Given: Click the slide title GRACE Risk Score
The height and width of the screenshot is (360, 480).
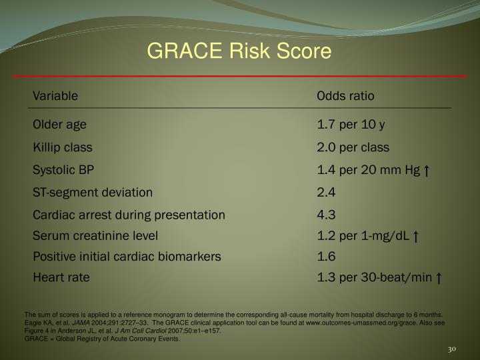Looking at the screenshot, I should [239, 51].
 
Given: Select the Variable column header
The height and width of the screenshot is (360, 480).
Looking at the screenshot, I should [55, 96].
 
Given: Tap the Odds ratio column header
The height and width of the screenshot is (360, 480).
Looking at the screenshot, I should [345, 96].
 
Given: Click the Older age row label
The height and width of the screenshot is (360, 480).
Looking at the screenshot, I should [60, 125].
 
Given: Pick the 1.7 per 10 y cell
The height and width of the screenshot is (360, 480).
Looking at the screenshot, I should [351, 125].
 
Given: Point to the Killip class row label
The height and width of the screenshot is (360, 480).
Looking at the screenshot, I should [63, 147].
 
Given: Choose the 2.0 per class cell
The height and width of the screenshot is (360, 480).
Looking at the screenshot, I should [353, 147].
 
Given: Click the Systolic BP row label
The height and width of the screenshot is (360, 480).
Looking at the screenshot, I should [64, 170].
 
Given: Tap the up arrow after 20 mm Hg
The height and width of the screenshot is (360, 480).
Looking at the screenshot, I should [425, 171].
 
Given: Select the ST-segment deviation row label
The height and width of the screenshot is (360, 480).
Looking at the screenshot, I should [93, 193].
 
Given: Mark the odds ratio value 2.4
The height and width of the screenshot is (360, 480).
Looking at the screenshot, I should [326, 193].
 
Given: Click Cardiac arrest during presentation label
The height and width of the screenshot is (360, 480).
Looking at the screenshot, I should [129, 215].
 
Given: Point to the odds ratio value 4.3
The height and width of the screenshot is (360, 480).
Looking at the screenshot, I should [326, 215].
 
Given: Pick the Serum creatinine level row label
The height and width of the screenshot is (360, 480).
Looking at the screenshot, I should [95, 235].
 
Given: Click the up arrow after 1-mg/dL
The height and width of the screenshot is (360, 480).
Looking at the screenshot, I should [415, 236].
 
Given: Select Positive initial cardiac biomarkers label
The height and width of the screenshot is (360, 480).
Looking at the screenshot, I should [127, 256].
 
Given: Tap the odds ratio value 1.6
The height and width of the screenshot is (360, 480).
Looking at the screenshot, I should [326, 256].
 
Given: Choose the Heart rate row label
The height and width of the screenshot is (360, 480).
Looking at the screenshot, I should [61, 277].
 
